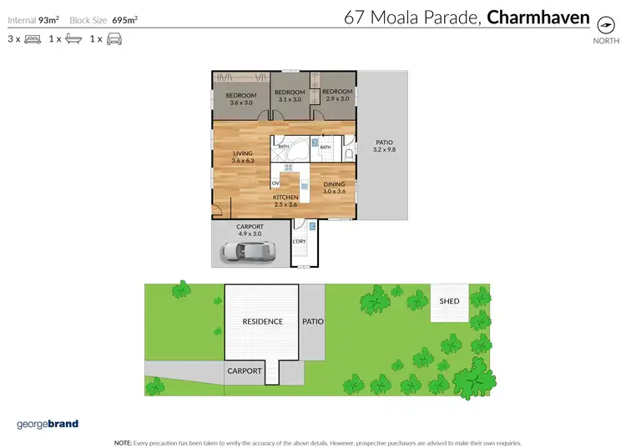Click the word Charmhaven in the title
pyautogui.click(x=538, y=17)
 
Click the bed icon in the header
pyautogui.click(x=33, y=38)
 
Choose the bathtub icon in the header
pyautogui.click(x=73, y=38)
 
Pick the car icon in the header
pyautogui.click(x=114, y=38)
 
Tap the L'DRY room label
pyautogui.click(x=299, y=242)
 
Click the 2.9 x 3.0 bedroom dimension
pyautogui.click(x=338, y=99)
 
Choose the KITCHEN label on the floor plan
pyautogui.click(x=285, y=197)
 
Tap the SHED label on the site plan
pyautogui.click(x=449, y=301)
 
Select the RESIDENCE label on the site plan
pyautogui.click(x=262, y=321)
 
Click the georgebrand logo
pyautogui.click(x=48, y=424)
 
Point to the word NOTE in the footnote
pyautogui.click(x=122, y=441)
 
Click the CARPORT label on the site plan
pyautogui.click(x=245, y=370)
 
